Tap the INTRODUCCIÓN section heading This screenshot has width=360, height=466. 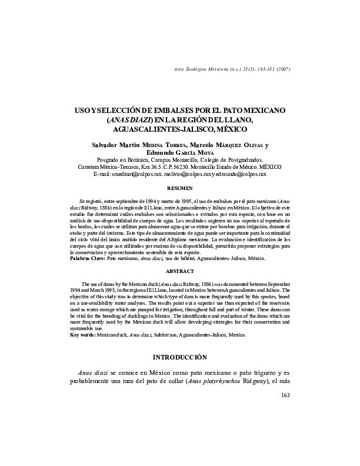tap(180, 357)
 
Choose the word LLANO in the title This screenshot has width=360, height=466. tap(237, 119)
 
